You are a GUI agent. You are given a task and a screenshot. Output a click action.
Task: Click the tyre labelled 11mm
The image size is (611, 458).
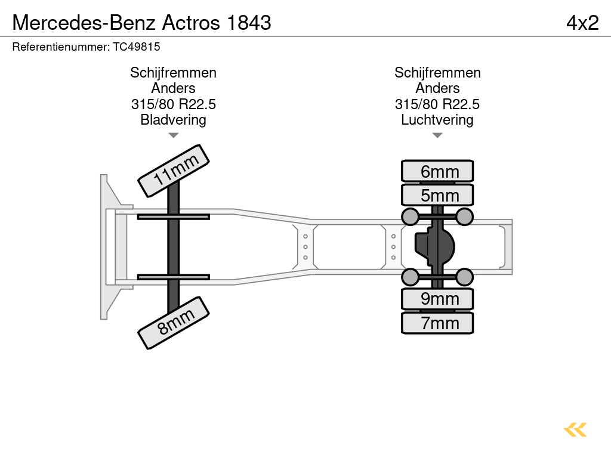[x=174, y=171]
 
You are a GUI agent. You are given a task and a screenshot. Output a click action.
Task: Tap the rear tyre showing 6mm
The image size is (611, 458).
[x=437, y=172]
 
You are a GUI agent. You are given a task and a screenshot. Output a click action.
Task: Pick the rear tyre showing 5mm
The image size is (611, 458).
[x=437, y=195]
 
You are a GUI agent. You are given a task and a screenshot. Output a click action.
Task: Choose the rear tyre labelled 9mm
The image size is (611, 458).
[x=437, y=299]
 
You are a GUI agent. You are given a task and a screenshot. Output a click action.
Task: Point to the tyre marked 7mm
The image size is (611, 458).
[x=437, y=323]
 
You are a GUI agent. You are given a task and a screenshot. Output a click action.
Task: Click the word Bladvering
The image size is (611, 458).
[x=173, y=120]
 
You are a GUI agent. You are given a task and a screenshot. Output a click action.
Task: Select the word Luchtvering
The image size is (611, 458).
[x=437, y=120]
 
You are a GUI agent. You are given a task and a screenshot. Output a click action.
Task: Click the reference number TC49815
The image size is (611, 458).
[x=137, y=47]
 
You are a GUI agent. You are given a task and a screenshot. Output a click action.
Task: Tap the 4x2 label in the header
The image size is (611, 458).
[x=582, y=23]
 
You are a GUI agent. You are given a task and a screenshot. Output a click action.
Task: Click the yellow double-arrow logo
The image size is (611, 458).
[x=575, y=430]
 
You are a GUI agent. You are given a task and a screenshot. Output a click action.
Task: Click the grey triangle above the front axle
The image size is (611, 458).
[x=173, y=135]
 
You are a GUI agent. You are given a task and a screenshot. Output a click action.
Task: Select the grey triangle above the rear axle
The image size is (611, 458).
[x=437, y=135]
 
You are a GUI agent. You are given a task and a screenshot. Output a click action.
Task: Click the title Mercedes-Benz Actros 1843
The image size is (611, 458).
[x=142, y=23]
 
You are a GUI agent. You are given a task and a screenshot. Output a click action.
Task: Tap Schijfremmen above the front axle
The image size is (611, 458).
[x=173, y=73]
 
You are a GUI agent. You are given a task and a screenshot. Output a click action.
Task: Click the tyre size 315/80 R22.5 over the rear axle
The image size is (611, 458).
[x=437, y=104]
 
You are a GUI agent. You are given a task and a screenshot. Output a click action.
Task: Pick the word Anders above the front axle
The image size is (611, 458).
[x=173, y=88]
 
